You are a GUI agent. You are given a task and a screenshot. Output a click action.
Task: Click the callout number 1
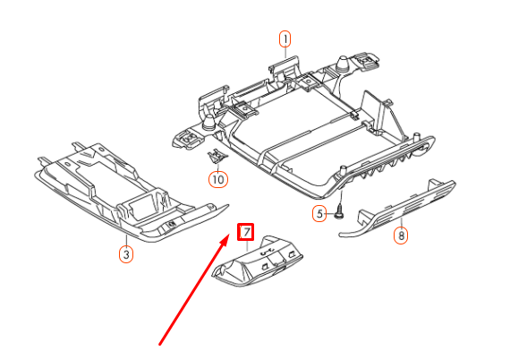285,39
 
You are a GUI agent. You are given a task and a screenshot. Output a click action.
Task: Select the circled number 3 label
126,254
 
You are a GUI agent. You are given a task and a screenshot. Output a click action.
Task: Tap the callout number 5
318,213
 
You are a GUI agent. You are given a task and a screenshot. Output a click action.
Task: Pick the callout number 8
401,236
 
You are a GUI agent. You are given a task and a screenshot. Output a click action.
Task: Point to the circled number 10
217,179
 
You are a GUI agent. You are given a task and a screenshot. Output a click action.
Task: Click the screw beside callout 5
341,213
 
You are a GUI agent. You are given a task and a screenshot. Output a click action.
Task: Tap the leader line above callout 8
401,223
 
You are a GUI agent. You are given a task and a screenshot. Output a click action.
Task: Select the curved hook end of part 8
345,235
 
